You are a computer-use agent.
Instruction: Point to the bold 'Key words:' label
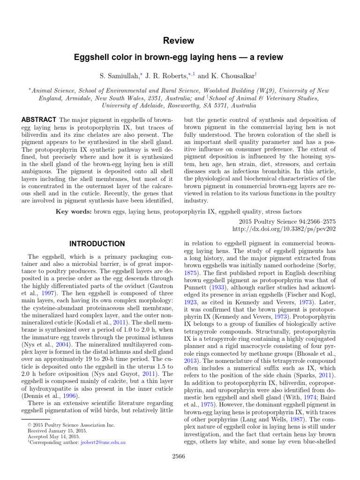[x=73, y=212]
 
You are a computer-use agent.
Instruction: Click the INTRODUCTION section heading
[x=97, y=244]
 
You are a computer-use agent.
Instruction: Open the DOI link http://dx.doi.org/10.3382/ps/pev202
[x=284, y=229]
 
